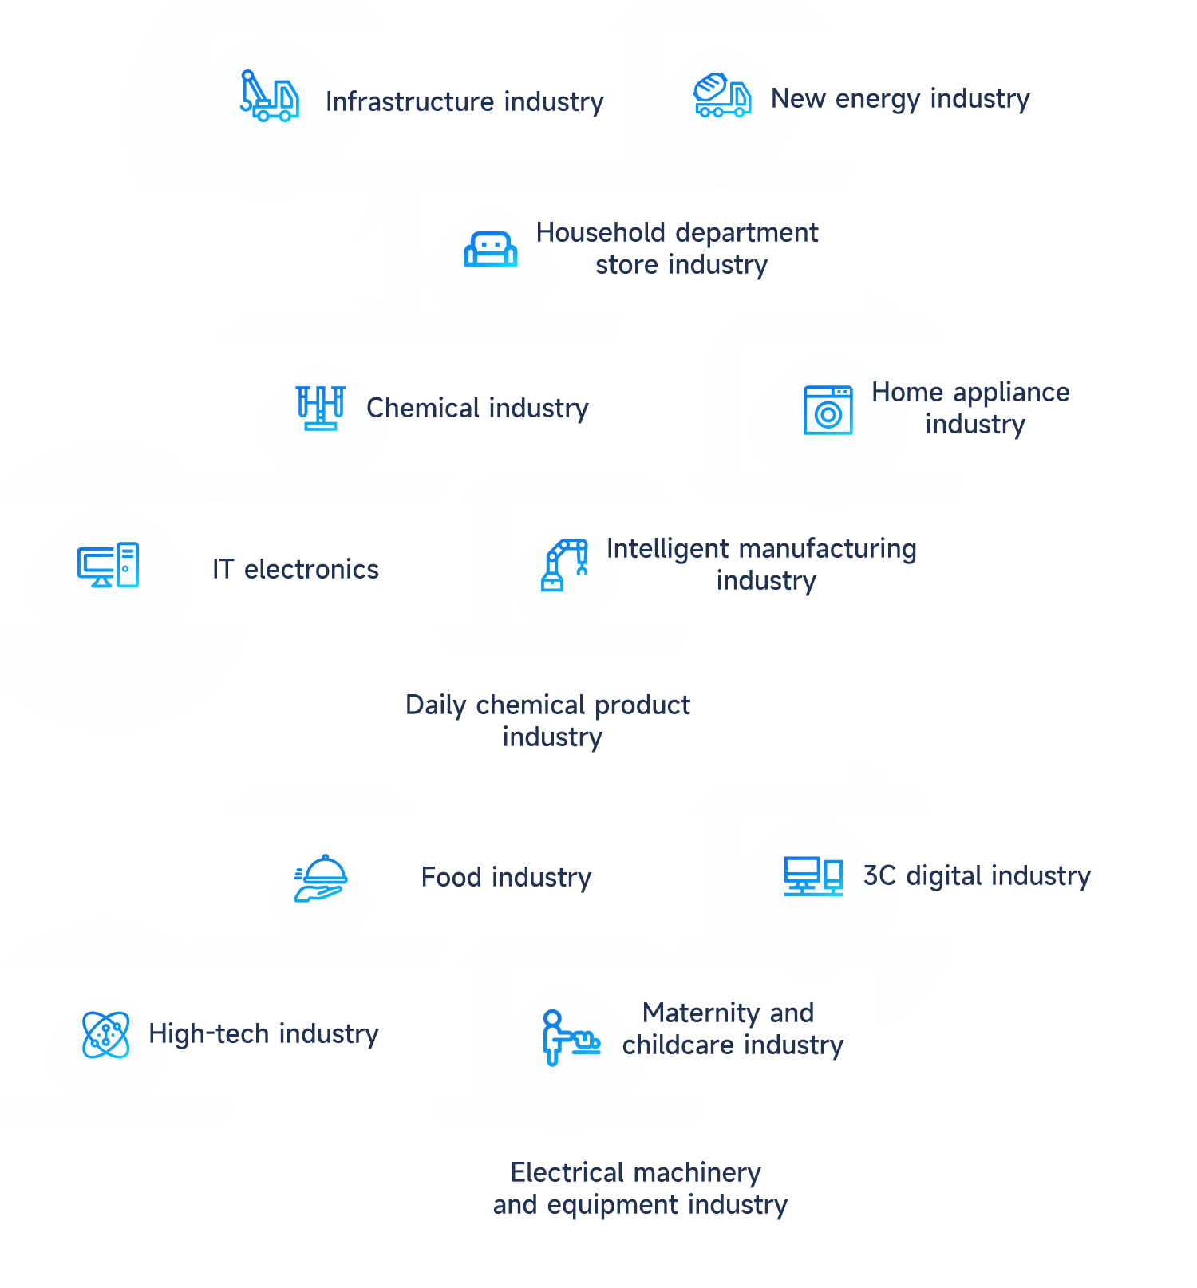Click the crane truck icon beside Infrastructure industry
(270, 96)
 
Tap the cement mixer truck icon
(722, 96)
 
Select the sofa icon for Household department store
(491, 249)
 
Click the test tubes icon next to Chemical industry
(321, 408)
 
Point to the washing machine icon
(828, 410)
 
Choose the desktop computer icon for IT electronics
(108, 565)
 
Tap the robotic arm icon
(565, 564)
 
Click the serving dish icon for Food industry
(321, 878)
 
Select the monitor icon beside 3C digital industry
(812, 876)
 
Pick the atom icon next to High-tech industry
(106, 1035)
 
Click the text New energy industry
(900, 99)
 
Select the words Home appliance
(970, 393)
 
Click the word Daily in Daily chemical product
(436, 705)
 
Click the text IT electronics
(295, 570)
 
